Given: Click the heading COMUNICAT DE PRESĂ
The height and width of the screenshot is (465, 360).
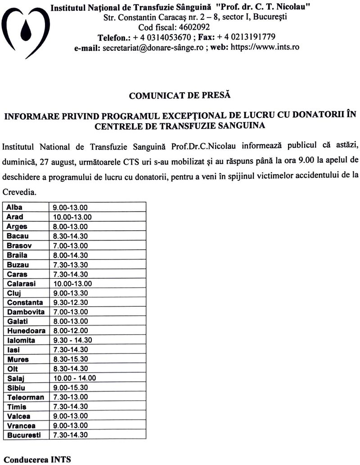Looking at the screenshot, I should pos(180,95).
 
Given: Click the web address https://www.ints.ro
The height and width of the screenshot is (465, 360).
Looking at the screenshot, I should pos(265,47).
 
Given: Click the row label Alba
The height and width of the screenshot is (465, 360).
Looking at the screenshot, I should pos(15,207).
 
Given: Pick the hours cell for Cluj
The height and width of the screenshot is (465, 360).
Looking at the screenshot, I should pos(70,293).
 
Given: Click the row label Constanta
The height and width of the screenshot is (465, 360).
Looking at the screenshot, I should pos(25,303).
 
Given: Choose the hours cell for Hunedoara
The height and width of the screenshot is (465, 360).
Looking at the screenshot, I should pos(70,331).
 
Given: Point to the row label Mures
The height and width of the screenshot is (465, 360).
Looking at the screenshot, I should pos(18,359).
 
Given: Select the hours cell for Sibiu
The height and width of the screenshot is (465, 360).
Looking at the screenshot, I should pos(70,388).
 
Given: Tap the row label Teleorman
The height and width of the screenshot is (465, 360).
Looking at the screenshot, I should pos(26,397).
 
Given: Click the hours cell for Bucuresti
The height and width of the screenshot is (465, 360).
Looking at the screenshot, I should pos(70,435).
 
